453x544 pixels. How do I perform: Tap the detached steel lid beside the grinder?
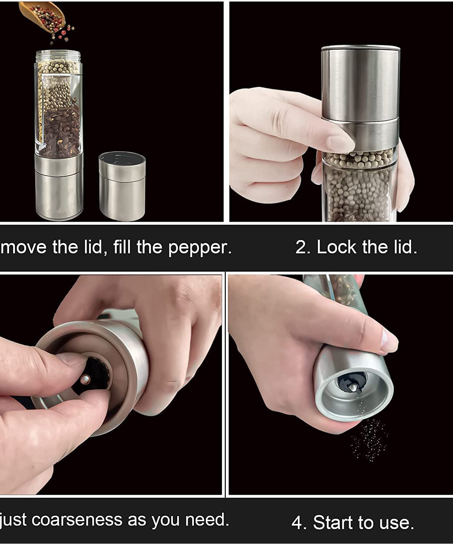pos(122,187)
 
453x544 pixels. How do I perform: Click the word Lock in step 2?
pos(337,247)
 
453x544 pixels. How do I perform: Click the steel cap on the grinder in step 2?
pos(360,83)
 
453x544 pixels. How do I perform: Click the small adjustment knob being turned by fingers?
pos(86,380)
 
